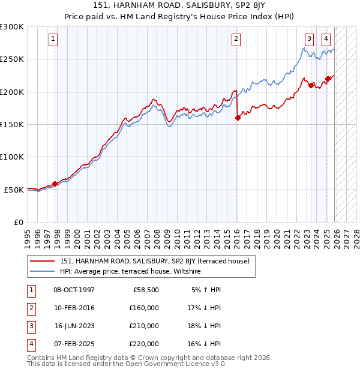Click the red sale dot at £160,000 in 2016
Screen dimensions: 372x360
pyautogui.click(x=238, y=118)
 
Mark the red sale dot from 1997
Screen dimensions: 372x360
pyautogui.click(x=55, y=184)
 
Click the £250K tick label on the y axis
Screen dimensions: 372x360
pyautogui.click(x=13, y=59)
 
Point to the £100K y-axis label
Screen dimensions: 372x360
pyautogui.click(x=13, y=157)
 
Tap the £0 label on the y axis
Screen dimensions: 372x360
pyautogui.click(x=17, y=222)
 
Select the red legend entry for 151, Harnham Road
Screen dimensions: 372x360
pyautogui.click(x=158, y=261)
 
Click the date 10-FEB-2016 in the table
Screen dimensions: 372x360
pyautogui.click(x=74, y=307)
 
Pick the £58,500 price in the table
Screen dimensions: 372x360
pyautogui.click(x=145, y=289)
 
